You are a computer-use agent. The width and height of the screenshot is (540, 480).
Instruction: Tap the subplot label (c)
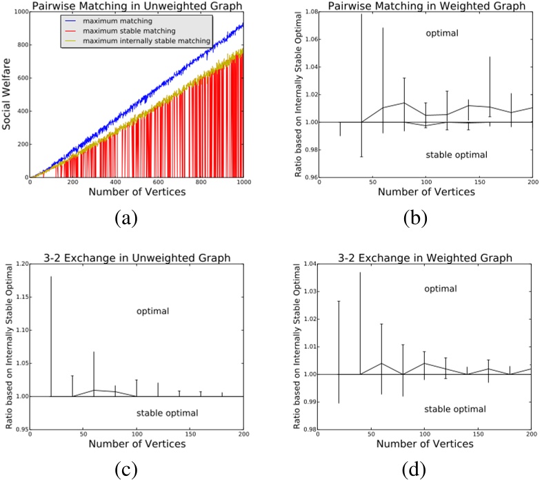pyautogui.click(x=126, y=470)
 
